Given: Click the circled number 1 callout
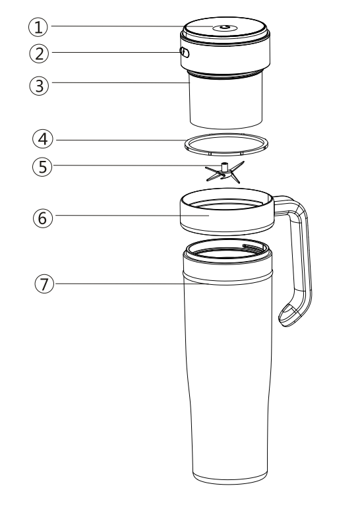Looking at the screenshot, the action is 38,27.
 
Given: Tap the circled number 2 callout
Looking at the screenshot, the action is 39,53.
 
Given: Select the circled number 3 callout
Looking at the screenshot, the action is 39,86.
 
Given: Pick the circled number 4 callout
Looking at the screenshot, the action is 43,139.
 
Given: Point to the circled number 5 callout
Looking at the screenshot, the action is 43,167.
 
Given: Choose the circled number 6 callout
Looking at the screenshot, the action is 43,218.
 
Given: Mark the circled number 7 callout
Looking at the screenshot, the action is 44,284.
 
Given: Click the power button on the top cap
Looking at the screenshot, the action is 225,28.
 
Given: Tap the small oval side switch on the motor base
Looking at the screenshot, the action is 185,52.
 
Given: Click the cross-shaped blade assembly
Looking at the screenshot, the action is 225,172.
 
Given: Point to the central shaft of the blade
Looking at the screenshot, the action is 225,167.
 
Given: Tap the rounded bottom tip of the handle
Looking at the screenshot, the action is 288,317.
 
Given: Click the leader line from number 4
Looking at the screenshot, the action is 121,140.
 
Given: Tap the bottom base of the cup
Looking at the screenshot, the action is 229,478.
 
